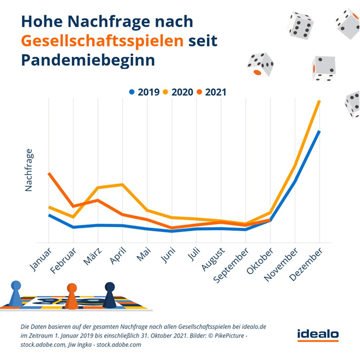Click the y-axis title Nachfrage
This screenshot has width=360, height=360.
(x=29, y=170)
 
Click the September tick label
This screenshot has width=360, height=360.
(x=230, y=267)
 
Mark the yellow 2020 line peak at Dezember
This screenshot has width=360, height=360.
(x=320, y=101)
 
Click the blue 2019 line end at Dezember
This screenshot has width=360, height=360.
(x=320, y=132)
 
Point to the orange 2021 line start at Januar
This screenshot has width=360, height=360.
(x=49, y=174)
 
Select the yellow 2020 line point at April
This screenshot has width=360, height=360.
(x=122, y=184)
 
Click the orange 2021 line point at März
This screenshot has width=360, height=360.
(x=98, y=200)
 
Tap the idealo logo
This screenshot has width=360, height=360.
(x=318, y=335)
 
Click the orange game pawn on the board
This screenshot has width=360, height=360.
(x=72, y=296)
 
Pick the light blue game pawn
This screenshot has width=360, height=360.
(x=16, y=294)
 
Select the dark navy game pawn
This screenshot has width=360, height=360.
(x=110, y=295)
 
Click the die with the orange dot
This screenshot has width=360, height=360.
(x=260, y=65)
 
